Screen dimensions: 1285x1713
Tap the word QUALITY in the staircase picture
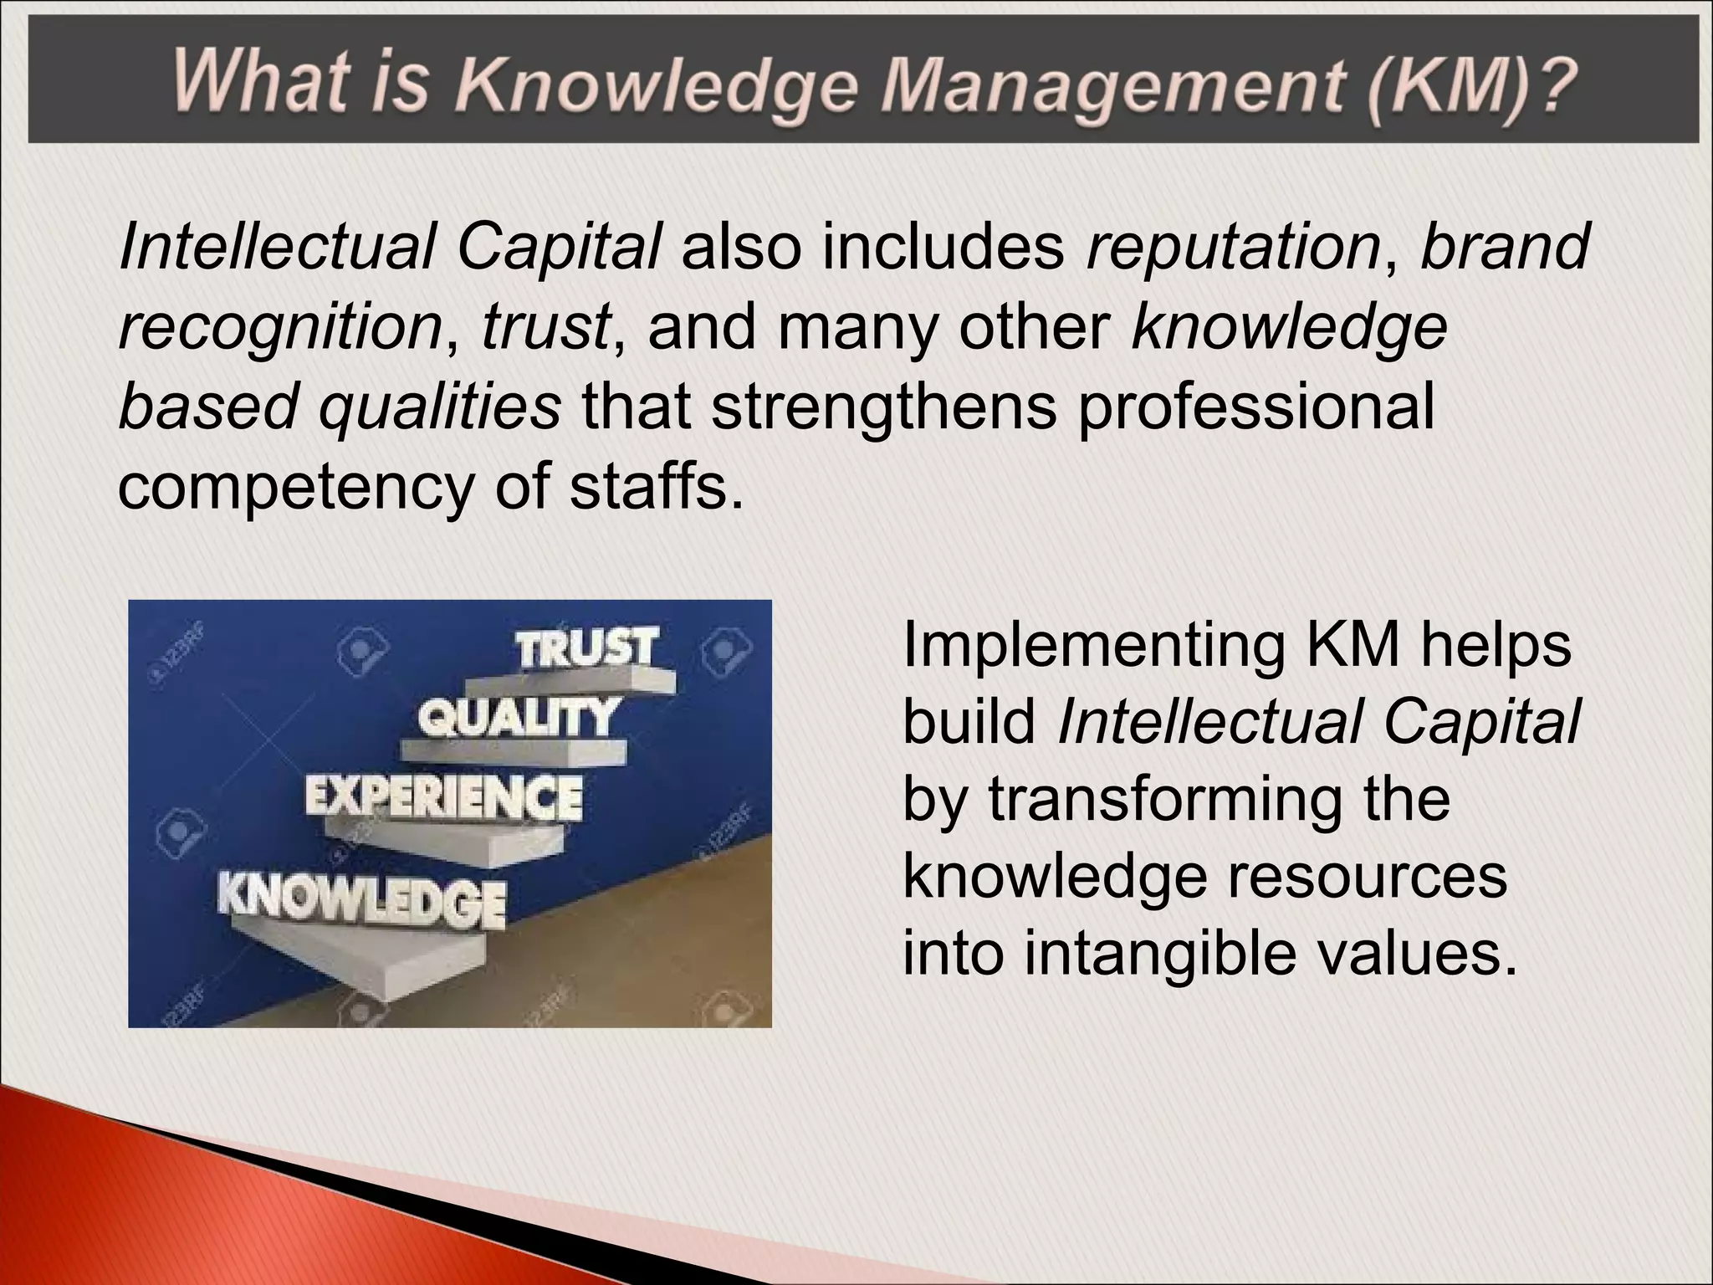tap(518, 718)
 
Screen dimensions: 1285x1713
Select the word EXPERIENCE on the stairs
tap(443, 796)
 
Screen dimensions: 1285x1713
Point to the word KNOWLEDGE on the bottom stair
tap(361, 900)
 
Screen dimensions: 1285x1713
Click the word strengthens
tap(884, 407)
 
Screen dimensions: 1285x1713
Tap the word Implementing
tap(1093, 647)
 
